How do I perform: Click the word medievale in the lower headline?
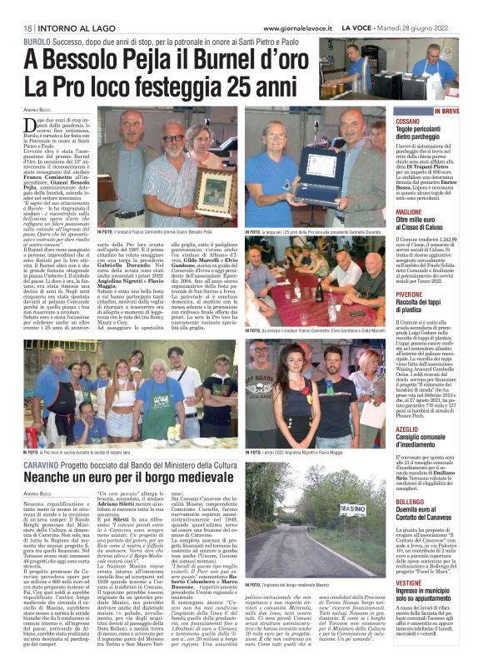[x=201, y=480]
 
